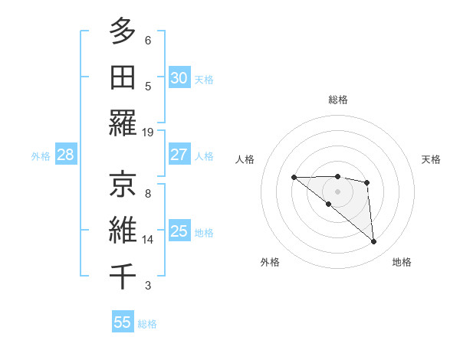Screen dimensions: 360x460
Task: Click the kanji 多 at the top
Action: [x=122, y=31]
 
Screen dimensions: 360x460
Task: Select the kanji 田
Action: [x=122, y=77]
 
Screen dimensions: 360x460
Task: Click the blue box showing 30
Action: [x=179, y=78]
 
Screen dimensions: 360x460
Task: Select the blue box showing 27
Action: [x=179, y=155]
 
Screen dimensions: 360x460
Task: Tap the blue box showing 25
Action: [x=179, y=231]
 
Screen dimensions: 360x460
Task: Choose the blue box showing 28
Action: [x=66, y=155]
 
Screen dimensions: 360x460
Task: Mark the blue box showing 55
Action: [x=123, y=322]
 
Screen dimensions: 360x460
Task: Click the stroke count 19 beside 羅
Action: [x=149, y=133]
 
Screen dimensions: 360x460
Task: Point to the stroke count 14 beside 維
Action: [x=149, y=240]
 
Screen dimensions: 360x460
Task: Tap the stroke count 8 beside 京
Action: [x=148, y=194]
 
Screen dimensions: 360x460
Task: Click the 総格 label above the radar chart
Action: [x=338, y=100]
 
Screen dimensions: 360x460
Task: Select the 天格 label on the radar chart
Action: [x=431, y=159]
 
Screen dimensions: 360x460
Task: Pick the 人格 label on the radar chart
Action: [x=245, y=159]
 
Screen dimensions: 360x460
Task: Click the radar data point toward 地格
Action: [x=374, y=242]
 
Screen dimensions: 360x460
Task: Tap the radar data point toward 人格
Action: [x=294, y=178]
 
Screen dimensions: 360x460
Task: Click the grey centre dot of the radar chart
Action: [x=338, y=191]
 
